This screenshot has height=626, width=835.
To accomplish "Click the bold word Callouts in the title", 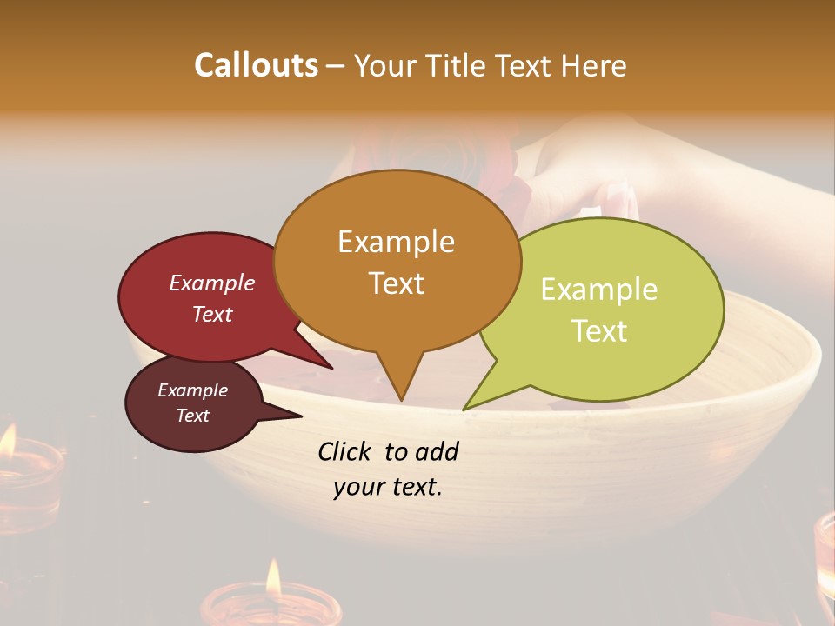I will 256,65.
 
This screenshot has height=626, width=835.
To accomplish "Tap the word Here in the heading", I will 593,65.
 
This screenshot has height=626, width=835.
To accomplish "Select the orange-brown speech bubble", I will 397,261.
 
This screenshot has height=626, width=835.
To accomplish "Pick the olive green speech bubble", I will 600,309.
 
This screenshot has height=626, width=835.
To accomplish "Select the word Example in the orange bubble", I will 396,242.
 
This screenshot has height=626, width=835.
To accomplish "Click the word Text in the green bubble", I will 600,330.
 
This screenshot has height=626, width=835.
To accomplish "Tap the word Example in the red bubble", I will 211,283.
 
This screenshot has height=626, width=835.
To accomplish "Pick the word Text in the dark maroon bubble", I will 193,416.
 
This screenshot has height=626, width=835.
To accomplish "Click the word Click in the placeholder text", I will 345,451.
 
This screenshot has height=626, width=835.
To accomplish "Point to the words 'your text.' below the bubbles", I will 387,487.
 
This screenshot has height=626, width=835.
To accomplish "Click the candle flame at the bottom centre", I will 273,578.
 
